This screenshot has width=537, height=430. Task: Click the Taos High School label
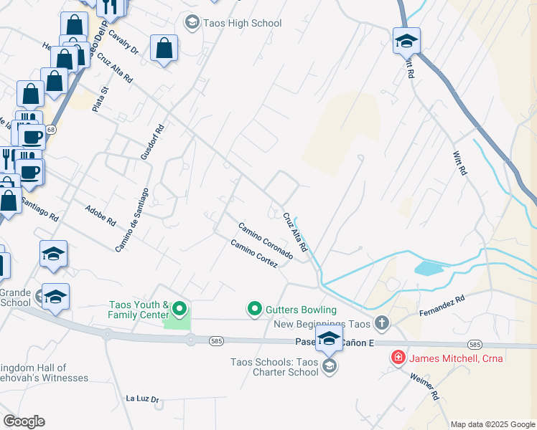pyautogui.click(x=242, y=23)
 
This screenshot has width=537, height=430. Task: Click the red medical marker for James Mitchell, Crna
pyautogui.click(x=396, y=357)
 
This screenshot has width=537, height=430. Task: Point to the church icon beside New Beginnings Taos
pyautogui.click(x=381, y=323)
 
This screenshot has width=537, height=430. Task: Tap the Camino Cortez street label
pyautogui.click(x=254, y=254)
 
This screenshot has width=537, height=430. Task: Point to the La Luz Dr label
pyautogui.click(x=141, y=398)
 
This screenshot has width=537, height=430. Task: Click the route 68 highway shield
pyautogui.click(x=50, y=130)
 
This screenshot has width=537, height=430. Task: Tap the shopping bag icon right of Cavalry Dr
pyautogui.click(x=164, y=49)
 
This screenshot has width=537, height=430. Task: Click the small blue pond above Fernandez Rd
pyautogui.click(x=429, y=268)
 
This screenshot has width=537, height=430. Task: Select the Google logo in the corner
pyautogui.click(x=24, y=421)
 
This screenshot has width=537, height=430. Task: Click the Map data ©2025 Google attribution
pyautogui.click(x=492, y=424)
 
